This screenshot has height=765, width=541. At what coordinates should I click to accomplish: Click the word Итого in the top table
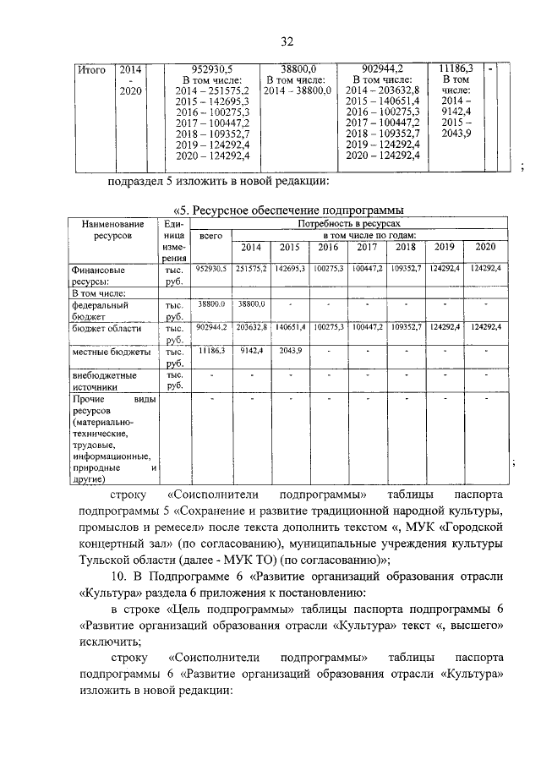[x=90, y=70]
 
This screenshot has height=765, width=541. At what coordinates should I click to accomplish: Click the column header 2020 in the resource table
[x=484, y=247]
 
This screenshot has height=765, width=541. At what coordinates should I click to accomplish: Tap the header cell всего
[x=210, y=240]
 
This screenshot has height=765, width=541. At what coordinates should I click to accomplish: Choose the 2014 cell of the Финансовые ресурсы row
[x=251, y=268]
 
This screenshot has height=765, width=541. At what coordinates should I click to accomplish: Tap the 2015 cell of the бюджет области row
[x=289, y=326]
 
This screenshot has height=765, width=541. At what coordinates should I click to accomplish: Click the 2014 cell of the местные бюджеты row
[x=251, y=349]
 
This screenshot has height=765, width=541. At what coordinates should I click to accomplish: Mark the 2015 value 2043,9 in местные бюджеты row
[x=289, y=349]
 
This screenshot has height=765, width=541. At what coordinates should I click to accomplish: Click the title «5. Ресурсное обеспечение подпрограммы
[x=286, y=210]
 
